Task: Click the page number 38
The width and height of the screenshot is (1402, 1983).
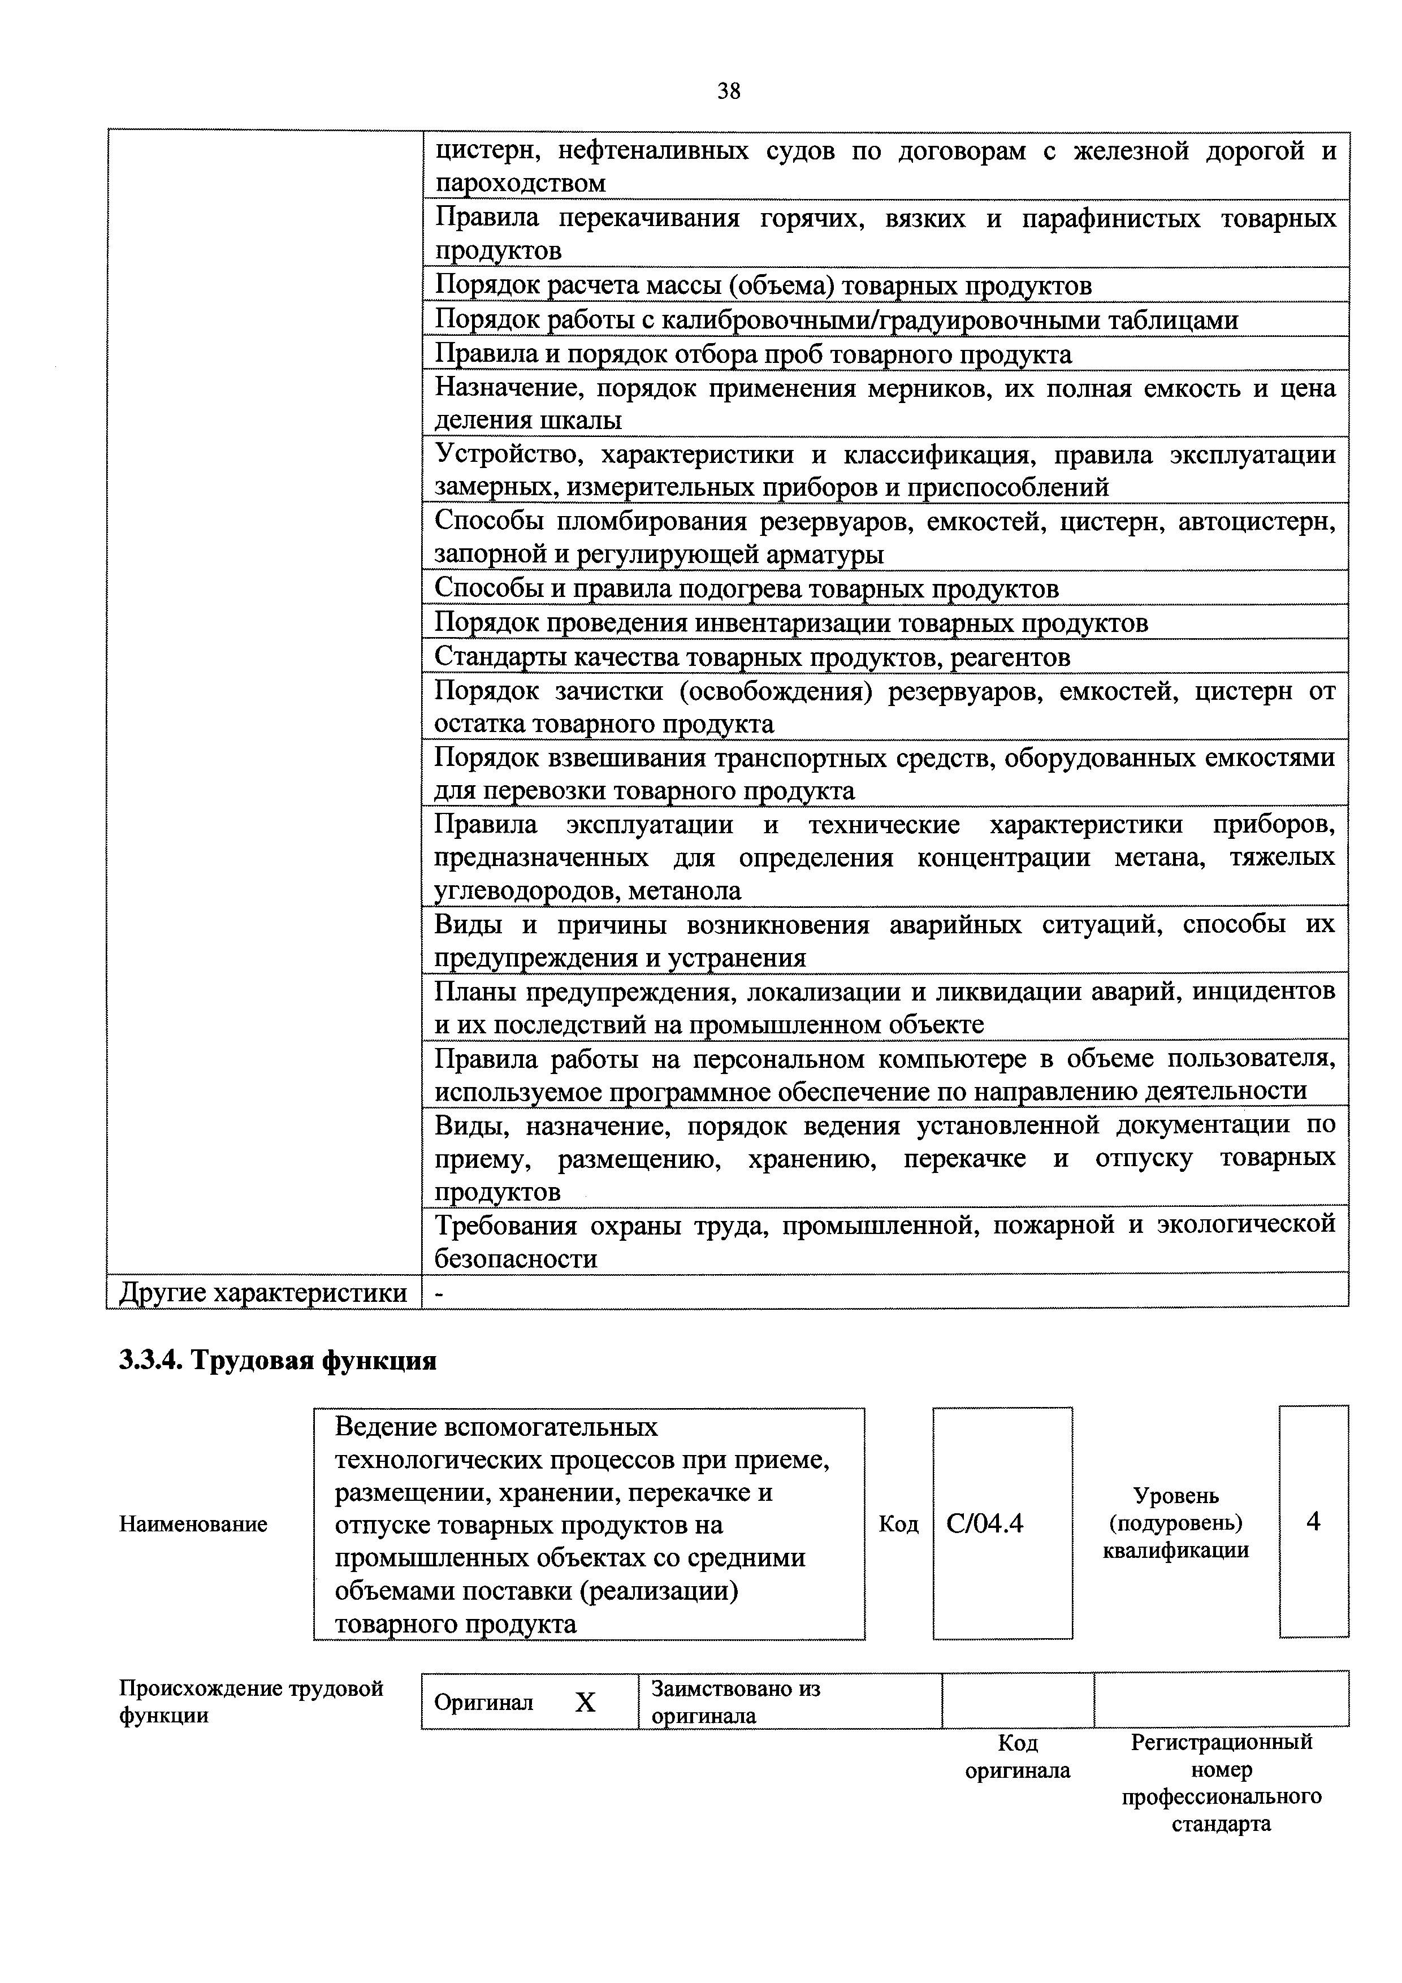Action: [x=728, y=90]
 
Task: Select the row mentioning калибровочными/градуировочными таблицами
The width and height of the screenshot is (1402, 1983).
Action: [x=836, y=319]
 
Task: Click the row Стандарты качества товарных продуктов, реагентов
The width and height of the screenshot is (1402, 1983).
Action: [x=751, y=657]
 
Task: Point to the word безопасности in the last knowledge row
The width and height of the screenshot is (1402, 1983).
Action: [x=516, y=1258]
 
